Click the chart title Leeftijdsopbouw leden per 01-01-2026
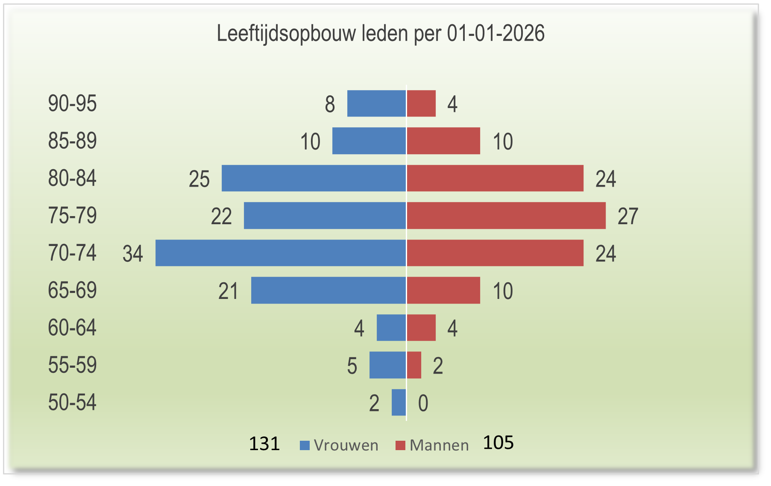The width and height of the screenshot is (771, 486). tap(381, 33)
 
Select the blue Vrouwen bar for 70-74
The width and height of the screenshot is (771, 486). tap(281, 253)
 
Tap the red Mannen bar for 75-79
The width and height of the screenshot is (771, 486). tap(506, 215)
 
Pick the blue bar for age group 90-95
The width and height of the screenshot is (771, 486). tap(376, 103)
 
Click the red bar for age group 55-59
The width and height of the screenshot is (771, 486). tap(414, 365)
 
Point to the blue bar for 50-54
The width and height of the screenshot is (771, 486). tap(399, 402)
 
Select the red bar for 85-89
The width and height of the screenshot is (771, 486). tap(443, 141)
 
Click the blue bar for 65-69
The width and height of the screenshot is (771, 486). tap(328, 290)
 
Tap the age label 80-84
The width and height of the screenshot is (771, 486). tap(72, 178)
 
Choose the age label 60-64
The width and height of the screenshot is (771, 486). tap(72, 328)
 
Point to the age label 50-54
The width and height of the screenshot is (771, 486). tap(72, 403)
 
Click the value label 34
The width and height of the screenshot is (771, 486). tap(133, 254)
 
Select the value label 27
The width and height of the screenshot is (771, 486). tap(627, 216)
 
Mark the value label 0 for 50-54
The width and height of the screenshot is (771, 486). tap(423, 404)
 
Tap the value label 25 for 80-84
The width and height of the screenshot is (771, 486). tap(199, 179)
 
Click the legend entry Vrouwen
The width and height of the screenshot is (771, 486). tap(340, 445)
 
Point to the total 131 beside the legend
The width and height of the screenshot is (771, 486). tap(264, 444)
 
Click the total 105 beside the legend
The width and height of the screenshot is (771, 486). tap(498, 443)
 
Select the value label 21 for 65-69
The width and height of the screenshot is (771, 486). tap(228, 291)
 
